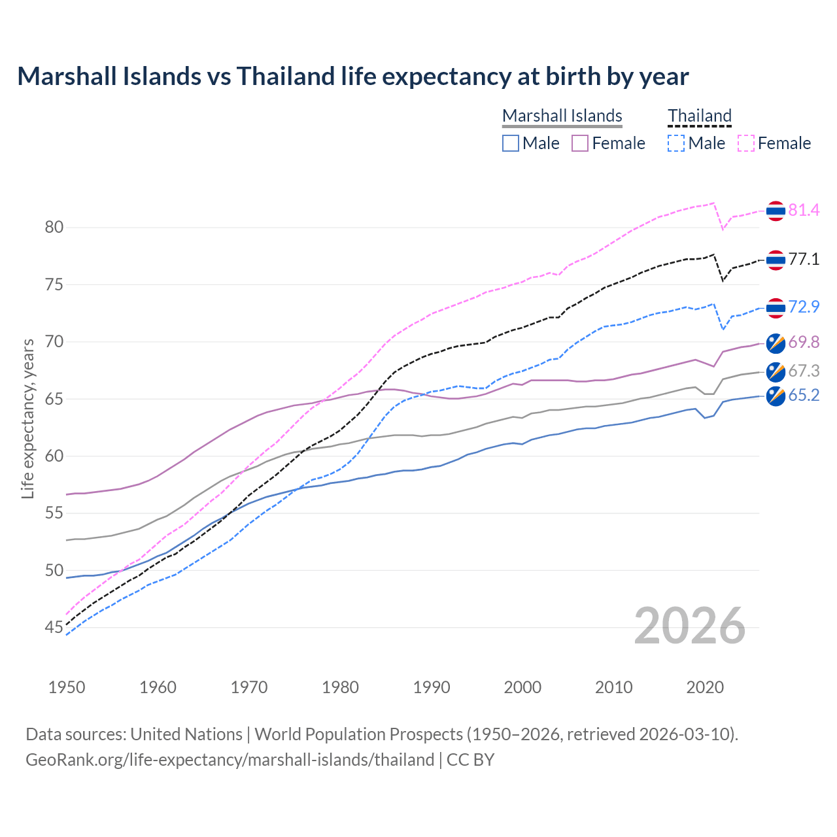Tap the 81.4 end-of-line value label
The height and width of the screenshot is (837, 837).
[804, 210]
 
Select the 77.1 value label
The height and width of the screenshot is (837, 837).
[804, 260]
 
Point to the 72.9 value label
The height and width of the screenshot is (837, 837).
[804, 307]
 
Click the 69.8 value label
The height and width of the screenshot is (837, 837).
[804, 342]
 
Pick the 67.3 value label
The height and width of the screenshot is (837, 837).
[804, 371]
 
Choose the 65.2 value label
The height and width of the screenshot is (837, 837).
[804, 396]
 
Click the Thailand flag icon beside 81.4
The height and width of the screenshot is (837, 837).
[776, 211]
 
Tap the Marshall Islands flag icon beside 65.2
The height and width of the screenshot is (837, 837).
[776, 396]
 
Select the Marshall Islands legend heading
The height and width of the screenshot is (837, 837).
[562, 116]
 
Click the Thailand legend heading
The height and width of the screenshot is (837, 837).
[699, 116]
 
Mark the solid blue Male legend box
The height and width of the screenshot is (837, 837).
[511, 143]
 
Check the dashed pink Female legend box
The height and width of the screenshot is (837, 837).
[746, 143]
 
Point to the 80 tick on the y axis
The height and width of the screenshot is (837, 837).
[54, 228]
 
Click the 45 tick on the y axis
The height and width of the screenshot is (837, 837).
[54, 628]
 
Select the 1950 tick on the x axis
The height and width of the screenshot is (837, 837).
[67, 687]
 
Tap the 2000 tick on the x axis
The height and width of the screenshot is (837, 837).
[522, 687]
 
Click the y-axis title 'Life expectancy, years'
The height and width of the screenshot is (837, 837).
[27, 418]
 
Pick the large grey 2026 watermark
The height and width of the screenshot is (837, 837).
[690, 626]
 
